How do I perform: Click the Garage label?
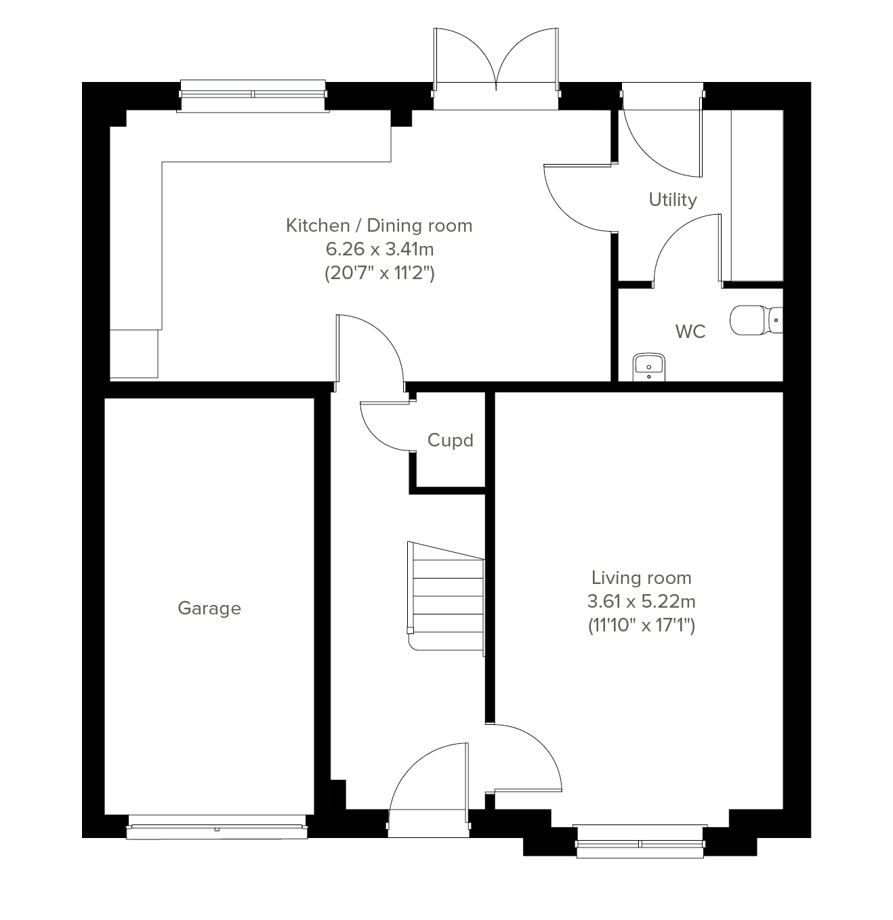pos(209,608)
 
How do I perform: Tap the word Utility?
pos(673,200)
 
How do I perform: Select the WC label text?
pos(690,332)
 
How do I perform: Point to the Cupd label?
pos(450,440)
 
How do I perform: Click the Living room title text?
pos(642,578)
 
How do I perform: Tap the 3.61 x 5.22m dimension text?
pos(642,602)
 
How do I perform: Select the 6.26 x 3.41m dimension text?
pos(379,249)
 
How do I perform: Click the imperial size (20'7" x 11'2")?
pos(379,273)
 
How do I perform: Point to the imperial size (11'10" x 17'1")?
pos(642,625)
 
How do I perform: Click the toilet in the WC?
pos(756,320)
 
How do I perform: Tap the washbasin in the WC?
pos(649,367)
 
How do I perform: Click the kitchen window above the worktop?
pos(253,96)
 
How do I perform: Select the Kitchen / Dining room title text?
pos(379,226)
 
